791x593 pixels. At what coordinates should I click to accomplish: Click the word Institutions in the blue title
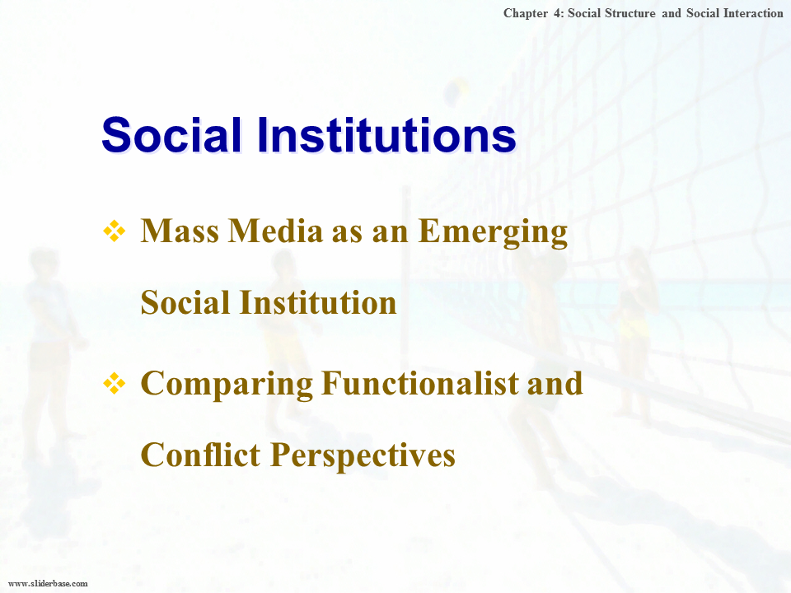[x=387, y=135]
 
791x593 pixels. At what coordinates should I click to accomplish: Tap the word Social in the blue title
[x=171, y=135]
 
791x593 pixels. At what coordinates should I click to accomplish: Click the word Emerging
[x=493, y=232]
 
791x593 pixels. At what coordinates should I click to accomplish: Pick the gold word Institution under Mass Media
[x=318, y=302]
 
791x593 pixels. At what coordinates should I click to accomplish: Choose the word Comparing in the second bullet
[x=227, y=385]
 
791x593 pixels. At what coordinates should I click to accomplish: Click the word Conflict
[x=200, y=455]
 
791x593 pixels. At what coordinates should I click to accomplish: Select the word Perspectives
[x=363, y=456]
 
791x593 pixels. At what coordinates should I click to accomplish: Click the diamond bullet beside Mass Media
[x=115, y=231]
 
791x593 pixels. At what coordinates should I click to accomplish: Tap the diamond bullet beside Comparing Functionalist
[x=115, y=383]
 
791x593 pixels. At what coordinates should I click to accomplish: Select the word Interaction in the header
[x=753, y=13]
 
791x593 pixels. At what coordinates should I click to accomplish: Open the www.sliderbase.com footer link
[x=48, y=583]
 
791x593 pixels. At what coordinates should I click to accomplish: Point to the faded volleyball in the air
[x=456, y=91]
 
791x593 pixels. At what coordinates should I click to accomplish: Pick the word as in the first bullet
[x=347, y=233]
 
